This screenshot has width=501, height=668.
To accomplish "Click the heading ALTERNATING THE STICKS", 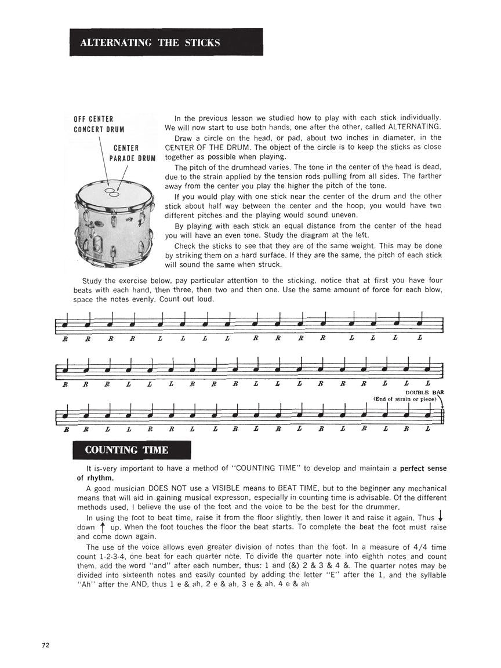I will click(x=150, y=42).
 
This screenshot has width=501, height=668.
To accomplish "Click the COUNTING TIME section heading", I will click(x=126, y=450).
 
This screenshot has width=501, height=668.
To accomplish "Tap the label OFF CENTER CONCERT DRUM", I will click(x=99, y=124).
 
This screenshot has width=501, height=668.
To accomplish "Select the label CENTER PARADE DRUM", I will click(x=132, y=153).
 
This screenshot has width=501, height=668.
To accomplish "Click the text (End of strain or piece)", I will click(x=405, y=399).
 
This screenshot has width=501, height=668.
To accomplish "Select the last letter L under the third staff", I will click(x=428, y=429).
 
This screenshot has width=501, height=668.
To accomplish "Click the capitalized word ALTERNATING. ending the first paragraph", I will click(x=414, y=127).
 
